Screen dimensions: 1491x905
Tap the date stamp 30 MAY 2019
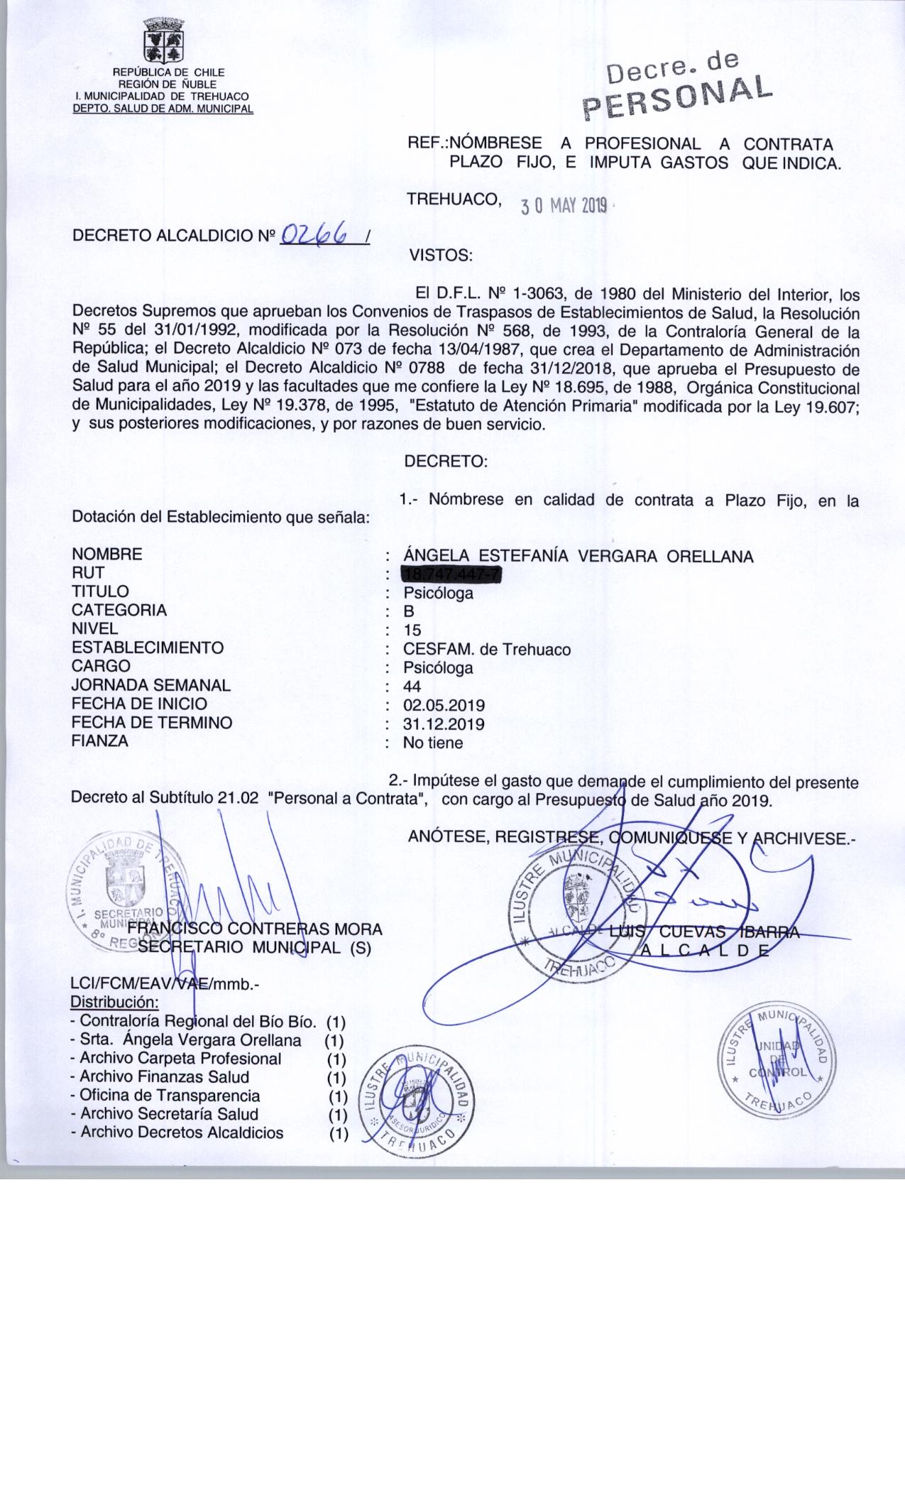click(564, 206)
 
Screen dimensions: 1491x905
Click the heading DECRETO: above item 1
click(446, 461)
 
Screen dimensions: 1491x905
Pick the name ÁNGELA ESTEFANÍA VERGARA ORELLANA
click(578, 557)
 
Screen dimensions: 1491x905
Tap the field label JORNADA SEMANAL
click(151, 685)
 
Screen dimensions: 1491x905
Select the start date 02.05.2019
click(444, 705)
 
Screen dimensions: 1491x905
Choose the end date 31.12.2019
click(444, 723)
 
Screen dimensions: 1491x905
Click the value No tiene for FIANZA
click(432, 743)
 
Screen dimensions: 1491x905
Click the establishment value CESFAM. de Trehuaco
click(486, 648)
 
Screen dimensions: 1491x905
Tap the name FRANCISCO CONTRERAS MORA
click(256, 929)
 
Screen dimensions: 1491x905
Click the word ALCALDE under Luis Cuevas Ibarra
click(705, 951)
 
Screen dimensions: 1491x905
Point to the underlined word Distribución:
click(114, 1003)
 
